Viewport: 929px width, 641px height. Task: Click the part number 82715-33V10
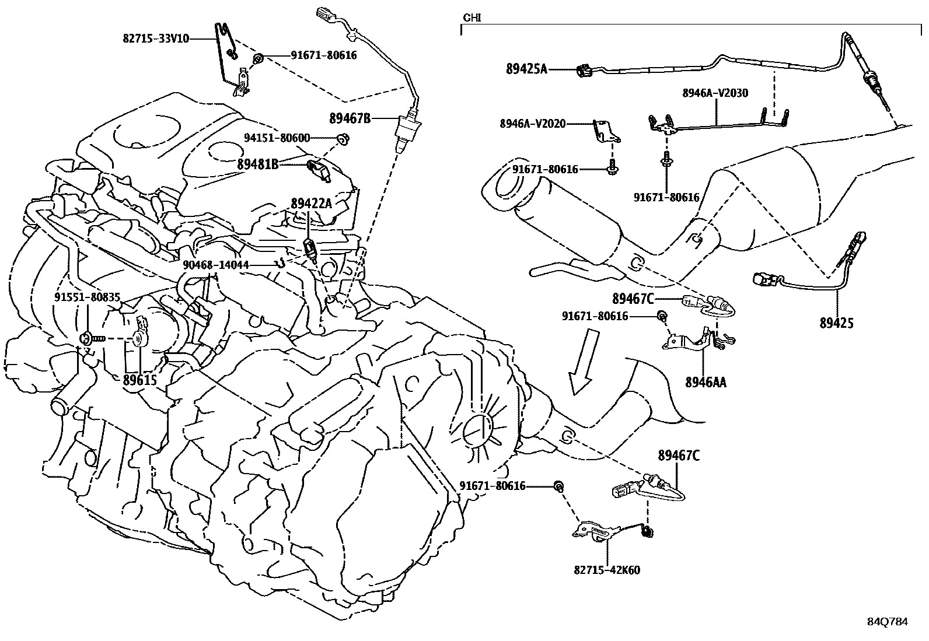(x=156, y=38)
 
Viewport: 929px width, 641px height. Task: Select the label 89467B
(x=350, y=118)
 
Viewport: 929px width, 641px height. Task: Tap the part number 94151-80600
(x=277, y=138)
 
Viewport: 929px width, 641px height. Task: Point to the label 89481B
(x=257, y=164)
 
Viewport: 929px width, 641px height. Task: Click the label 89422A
(x=311, y=204)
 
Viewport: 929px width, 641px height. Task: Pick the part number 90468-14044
(x=216, y=265)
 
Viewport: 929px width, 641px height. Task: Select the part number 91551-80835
(x=88, y=297)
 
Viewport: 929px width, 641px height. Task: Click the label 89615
(x=140, y=380)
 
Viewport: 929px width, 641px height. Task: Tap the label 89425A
(x=526, y=69)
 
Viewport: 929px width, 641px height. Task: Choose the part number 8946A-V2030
(x=715, y=93)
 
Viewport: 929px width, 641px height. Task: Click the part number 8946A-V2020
(x=532, y=124)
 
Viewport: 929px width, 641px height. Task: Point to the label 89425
(x=836, y=323)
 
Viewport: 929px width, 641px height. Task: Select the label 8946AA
(x=706, y=382)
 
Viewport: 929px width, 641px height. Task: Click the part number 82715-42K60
(x=607, y=570)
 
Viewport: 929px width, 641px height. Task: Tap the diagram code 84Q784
(x=887, y=622)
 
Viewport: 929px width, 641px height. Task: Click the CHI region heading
(x=471, y=17)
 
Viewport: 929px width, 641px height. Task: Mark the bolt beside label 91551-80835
(x=89, y=338)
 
